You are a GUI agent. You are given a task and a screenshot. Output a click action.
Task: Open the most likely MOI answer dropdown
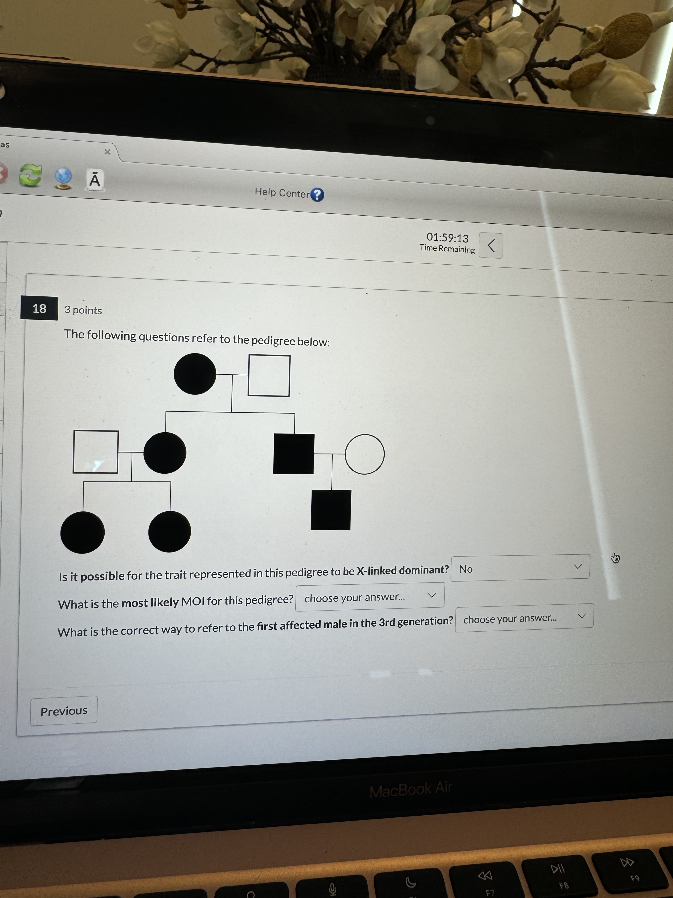point(370,597)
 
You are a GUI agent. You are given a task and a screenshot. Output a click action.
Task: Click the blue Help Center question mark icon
point(317,195)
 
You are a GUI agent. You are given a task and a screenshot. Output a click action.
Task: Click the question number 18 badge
point(39,308)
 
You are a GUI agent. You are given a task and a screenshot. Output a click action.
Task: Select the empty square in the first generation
point(269,376)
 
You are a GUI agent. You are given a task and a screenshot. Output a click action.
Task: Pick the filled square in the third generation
point(331,510)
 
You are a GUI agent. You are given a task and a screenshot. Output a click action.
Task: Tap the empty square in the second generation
point(96,452)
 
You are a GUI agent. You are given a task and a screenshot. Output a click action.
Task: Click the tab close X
point(107,151)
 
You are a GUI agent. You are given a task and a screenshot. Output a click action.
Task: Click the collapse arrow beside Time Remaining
point(491,245)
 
